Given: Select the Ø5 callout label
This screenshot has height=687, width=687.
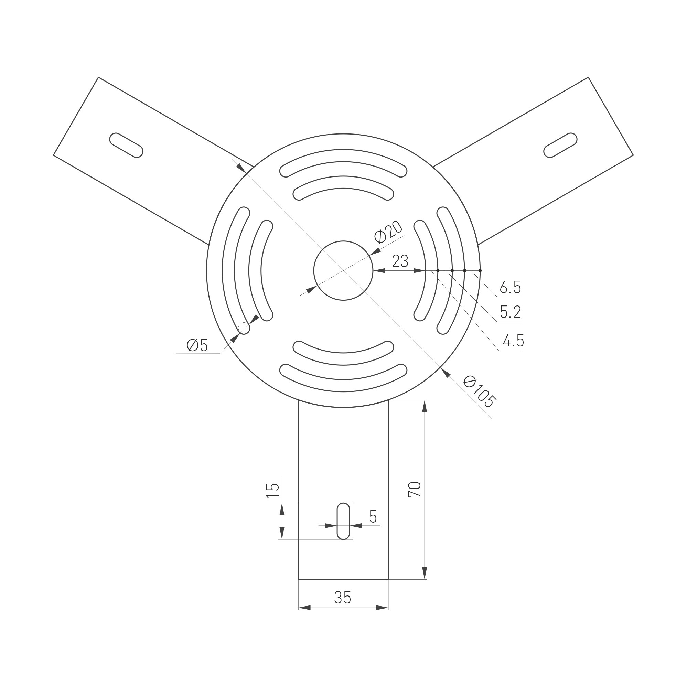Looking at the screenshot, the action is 197,345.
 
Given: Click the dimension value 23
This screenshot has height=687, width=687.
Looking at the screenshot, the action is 400,261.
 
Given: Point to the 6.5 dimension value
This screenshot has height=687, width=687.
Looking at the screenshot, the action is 510,287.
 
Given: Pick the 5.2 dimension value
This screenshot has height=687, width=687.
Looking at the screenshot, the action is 510,313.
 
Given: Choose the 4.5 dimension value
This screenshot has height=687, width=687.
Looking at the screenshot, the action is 513,341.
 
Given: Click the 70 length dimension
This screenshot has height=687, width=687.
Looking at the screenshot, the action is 415,489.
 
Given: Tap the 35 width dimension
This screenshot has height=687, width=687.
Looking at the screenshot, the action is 343,598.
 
